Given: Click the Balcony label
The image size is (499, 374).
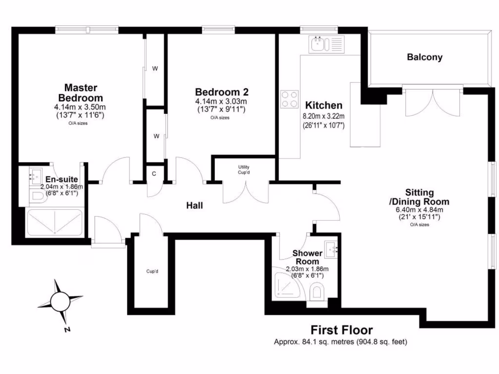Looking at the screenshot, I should click(x=424, y=57).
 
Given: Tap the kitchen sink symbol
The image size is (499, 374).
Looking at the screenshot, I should click(x=326, y=44).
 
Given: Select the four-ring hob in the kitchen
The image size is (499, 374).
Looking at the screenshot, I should click(x=289, y=99).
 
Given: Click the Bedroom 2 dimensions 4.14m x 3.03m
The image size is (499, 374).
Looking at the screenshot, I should click(x=221, y=101).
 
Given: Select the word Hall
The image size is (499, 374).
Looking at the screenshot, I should click(x=194, y=206).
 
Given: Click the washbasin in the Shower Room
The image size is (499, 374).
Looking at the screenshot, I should click(x=334, y=250).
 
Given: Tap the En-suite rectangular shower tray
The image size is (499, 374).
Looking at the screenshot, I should click(x=55, y=223).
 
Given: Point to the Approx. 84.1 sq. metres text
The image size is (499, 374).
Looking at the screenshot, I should click(x=340, y=342).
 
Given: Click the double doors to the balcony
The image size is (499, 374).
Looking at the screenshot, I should click(x=431, y=102).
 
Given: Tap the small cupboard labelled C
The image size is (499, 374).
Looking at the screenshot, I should click(x=154, y=173).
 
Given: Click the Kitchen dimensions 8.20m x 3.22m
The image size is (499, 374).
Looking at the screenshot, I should click(x=324, y=116).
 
